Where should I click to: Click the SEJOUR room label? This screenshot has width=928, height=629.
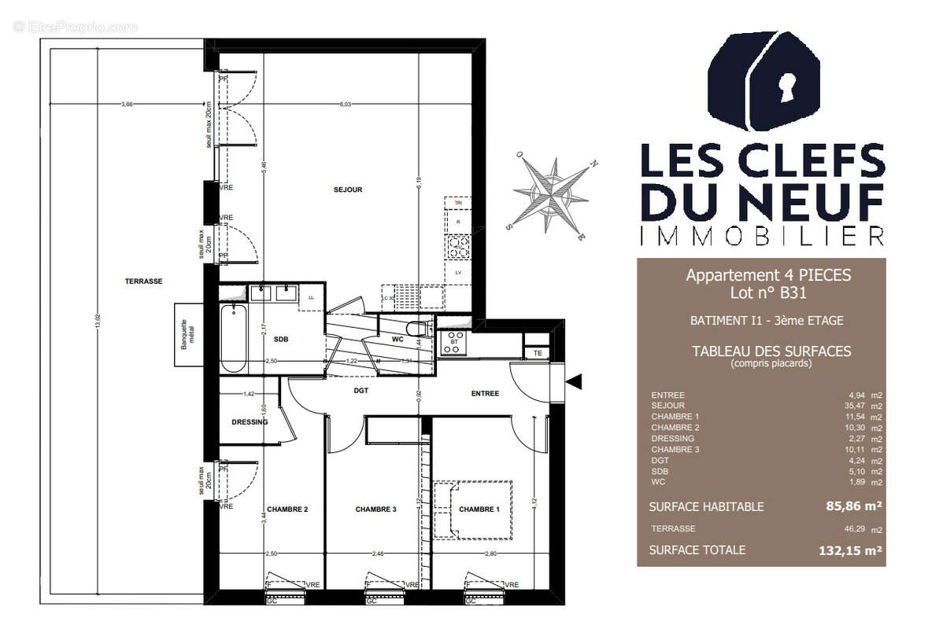(348, 189)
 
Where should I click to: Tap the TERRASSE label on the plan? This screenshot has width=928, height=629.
(143, 281)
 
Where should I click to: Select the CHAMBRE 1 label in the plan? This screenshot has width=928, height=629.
(479, 509)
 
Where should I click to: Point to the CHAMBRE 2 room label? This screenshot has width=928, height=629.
(287, 509)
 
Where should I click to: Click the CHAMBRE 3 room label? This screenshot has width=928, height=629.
(375, 509)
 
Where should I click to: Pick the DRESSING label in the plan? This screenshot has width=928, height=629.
(250, 422)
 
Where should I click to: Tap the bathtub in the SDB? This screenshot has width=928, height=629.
(233, 339)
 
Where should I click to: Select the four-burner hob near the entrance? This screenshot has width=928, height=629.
(454, 343)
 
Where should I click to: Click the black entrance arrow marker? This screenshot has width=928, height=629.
(575, 382)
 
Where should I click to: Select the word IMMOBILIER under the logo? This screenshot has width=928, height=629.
(762, 235)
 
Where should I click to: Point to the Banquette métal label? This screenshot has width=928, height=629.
(187, 334)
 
